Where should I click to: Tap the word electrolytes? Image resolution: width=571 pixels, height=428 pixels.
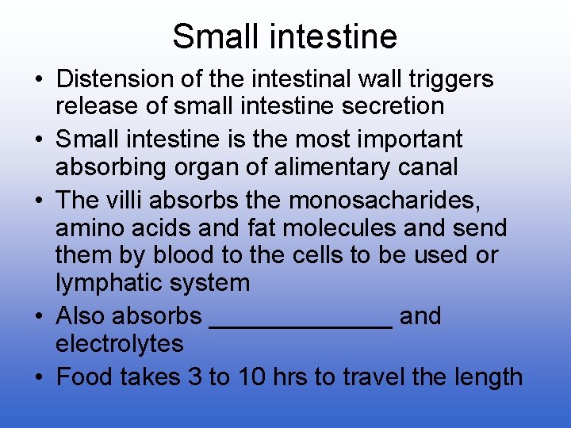point(120,344)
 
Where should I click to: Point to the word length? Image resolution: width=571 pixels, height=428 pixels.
point(489,377)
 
